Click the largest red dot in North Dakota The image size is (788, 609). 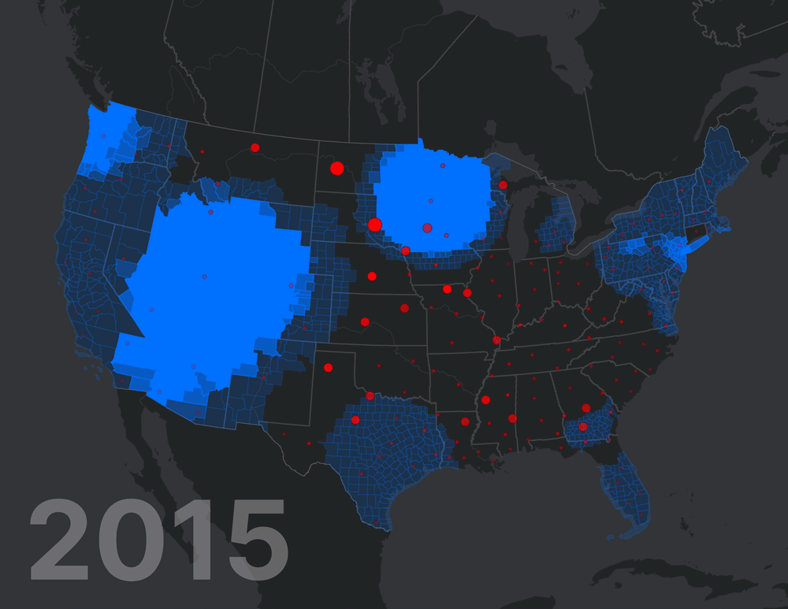[337, 168]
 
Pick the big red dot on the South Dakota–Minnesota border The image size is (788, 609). [375, 225]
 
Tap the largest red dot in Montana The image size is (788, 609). [255, 147]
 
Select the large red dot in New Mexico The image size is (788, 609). [328, 367]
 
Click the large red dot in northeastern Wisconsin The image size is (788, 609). [503, 185]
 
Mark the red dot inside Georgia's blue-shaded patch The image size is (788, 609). [583, 426]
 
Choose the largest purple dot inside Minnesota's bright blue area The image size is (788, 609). [427, 228]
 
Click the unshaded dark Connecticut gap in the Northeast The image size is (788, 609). [698, 232]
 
